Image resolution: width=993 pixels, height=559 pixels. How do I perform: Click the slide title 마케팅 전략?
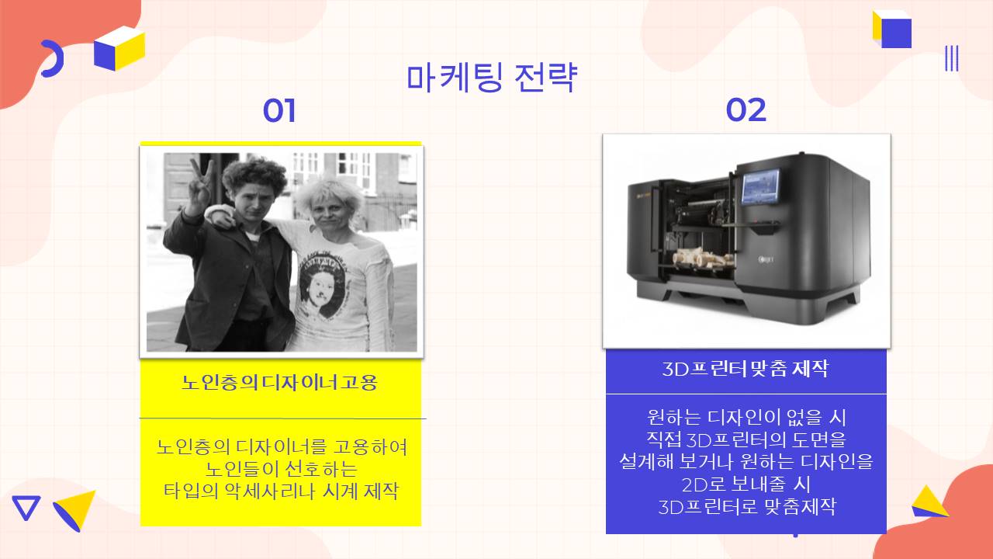(x=492, y=78)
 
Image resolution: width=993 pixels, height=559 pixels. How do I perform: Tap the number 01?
(x=279, y=110)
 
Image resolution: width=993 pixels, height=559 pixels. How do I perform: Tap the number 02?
(x=746, y=110)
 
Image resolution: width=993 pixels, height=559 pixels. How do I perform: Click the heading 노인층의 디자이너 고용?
(x=279, y=383)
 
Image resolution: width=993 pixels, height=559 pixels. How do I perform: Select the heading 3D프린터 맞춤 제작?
(x=746, y=369)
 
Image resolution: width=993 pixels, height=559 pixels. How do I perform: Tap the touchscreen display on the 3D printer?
(x=761, y=187)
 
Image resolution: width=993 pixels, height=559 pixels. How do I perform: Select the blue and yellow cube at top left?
(x=119, y=48)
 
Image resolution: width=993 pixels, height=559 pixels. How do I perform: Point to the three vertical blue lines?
(x=951, y=58)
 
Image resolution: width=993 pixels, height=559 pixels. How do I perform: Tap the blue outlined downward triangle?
(x=26, y=508)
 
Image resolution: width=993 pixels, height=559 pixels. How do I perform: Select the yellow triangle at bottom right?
(x=929, y=502)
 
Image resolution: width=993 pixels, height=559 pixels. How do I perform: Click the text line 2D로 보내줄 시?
(x=746, y=484)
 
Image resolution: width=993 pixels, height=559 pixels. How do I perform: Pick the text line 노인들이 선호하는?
(x=281, y=469)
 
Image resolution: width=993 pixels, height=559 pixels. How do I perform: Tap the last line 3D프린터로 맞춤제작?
(x=746, y=507)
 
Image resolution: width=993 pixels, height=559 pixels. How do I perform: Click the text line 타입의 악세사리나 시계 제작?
(x=281, y=491)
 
